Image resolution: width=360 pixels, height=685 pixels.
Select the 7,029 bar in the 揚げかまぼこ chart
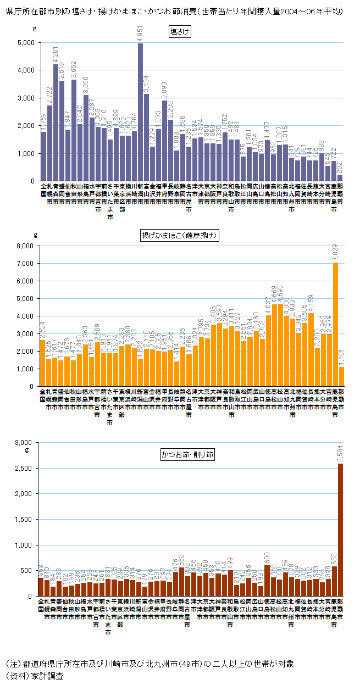point(335,324)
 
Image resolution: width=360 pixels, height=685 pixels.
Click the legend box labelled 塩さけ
point(180,32)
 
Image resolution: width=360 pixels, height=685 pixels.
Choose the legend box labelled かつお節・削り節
point(187,454)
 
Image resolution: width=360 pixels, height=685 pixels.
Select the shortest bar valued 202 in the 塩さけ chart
point(340,178)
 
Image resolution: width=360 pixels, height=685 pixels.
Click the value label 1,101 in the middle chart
point(341,357)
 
